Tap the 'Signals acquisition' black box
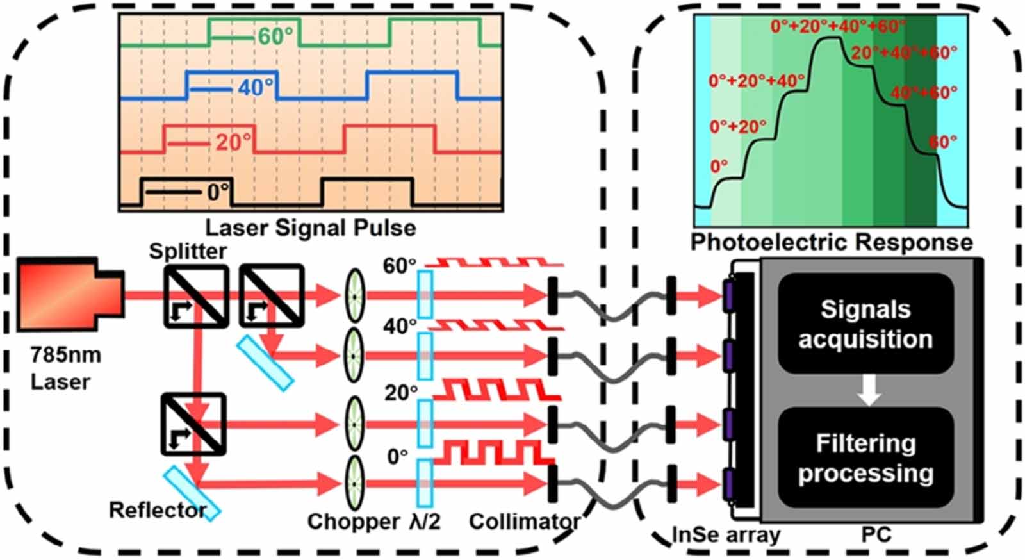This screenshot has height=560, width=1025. (x=865, y=324)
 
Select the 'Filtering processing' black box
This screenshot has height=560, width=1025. (x=865, y=458)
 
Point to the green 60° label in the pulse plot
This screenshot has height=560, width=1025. (x=275, y=37)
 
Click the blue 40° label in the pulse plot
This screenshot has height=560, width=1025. (x=255, y=87)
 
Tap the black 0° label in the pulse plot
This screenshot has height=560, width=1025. (x=217, y=192)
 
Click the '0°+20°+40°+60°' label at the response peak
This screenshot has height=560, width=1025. (x=837, y=26)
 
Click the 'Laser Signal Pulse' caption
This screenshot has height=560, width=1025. (x=310, y=227)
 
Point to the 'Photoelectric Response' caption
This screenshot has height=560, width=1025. (x=831, y=242)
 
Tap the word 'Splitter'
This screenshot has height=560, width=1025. (x=187, y=251)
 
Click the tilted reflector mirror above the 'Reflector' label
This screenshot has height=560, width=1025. (x=192, y=492)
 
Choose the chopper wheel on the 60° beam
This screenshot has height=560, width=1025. (x=354, y=295)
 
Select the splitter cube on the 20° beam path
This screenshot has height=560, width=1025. (x=194, y=424)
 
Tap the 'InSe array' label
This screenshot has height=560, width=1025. (x=726, y=534)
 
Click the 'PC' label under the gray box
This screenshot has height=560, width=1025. (x=876, y=534)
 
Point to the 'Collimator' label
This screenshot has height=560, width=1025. (x=524, y=522)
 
